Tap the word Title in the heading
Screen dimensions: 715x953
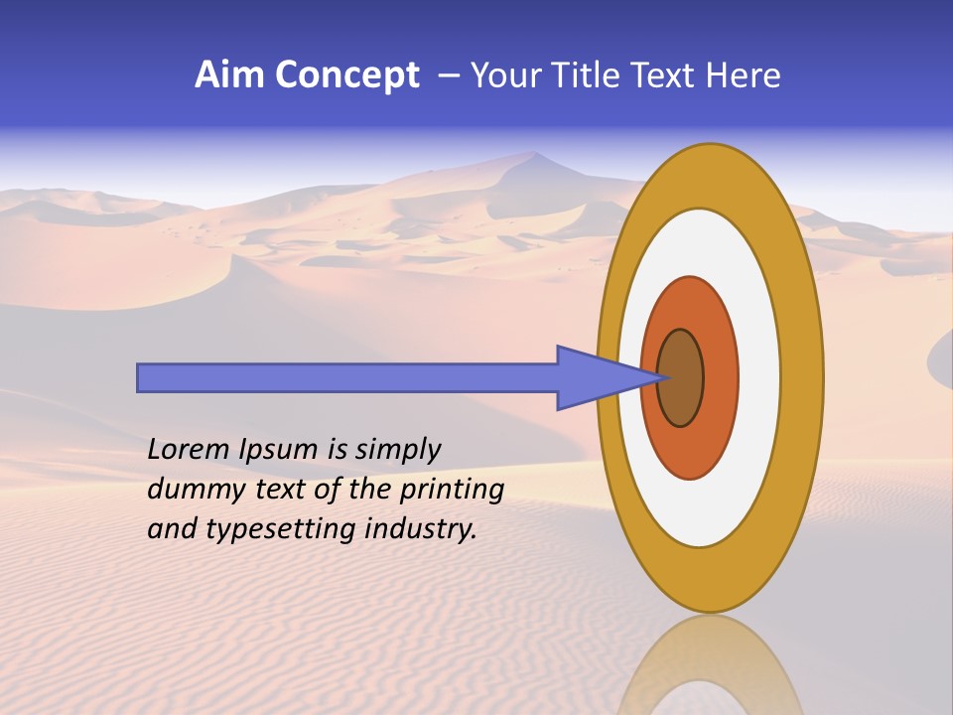[x=585, y=75]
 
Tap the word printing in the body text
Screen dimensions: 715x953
[x=451, y=490]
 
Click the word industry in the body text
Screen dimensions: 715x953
[x=421, y=529]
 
